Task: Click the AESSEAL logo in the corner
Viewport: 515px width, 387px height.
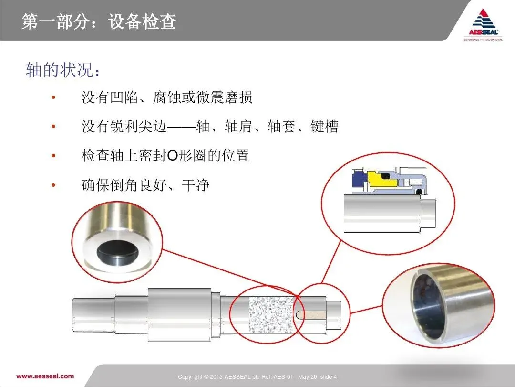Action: [x=483, y=25]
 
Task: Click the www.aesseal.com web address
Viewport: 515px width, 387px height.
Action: [x=45, y=376]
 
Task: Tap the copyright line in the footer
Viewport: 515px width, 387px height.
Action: [x=257, y=377]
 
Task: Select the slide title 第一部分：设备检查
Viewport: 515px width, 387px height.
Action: [x=99, y=21]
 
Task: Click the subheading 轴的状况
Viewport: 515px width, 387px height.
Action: [x=62, y=70]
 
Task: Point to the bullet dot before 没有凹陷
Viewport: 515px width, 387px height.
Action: [x=53, y=97]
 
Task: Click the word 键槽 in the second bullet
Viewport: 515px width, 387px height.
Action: [x=324, y=126]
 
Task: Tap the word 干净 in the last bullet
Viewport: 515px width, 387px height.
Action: [x=196, y=185]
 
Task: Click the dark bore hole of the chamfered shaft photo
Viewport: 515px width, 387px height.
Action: [x=117, y=253]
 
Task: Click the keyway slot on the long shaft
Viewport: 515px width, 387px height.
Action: [x=311, y=315]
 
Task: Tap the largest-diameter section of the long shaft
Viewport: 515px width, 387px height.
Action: [x=179, y=315]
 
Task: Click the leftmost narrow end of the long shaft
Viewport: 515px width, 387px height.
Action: [x=93, y=315]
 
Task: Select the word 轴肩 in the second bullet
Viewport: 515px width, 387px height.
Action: [x=238, y=126]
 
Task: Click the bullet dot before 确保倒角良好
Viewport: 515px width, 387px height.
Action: [x=53, y=185]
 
